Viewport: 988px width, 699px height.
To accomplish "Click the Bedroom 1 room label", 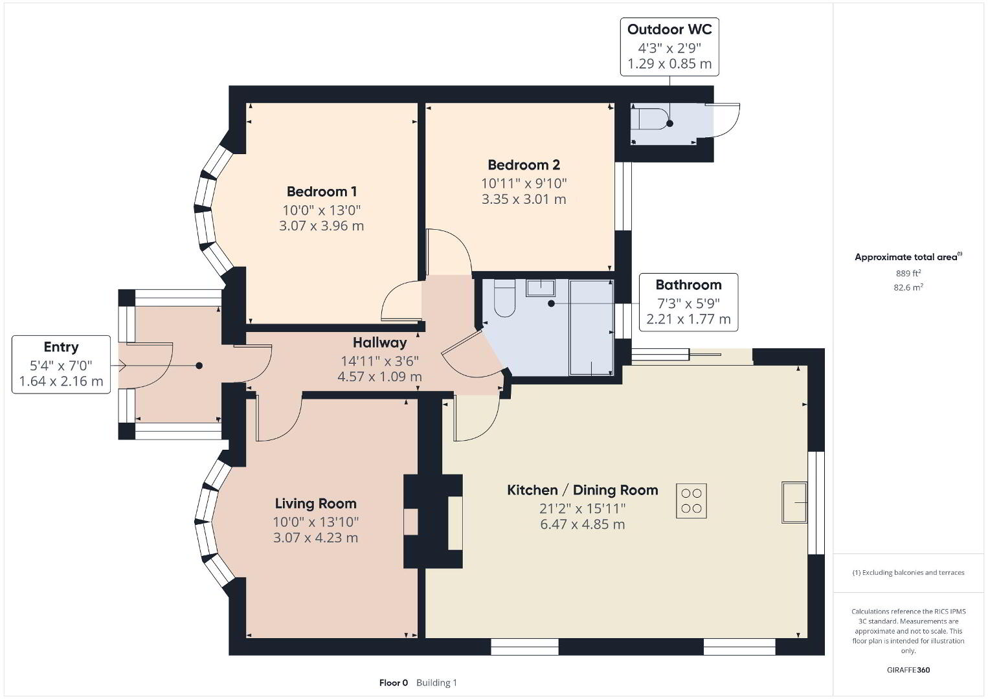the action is (322, 192).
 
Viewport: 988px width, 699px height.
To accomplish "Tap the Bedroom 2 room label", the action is (524, 165).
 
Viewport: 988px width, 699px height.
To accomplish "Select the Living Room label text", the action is (315, 504).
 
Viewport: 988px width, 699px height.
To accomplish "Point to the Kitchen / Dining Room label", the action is (582, 491).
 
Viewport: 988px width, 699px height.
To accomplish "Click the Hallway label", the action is (379, 342).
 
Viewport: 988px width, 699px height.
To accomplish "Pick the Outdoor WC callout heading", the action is (669, 30).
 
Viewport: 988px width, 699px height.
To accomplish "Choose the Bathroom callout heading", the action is (688, 285).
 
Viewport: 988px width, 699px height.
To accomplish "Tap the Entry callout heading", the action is (61, 347).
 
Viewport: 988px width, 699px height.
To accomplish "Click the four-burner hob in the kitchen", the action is (691, 501).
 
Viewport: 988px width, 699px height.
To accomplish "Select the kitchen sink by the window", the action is (794, 502).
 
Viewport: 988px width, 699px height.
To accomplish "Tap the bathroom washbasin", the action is (541, 288).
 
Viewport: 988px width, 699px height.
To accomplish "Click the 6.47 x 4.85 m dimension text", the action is (582, 524).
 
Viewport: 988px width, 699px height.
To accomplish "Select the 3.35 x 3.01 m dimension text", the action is (524, 199).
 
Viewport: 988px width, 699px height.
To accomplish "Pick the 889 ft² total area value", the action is (908, 273).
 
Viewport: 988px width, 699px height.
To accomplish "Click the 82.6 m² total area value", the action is (908, 287).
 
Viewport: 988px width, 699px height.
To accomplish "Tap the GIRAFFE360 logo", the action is (908, 670).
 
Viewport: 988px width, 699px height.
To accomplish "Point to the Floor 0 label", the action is (394, 683).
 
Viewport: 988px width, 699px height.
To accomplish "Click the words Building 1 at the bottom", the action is (436, 683).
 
